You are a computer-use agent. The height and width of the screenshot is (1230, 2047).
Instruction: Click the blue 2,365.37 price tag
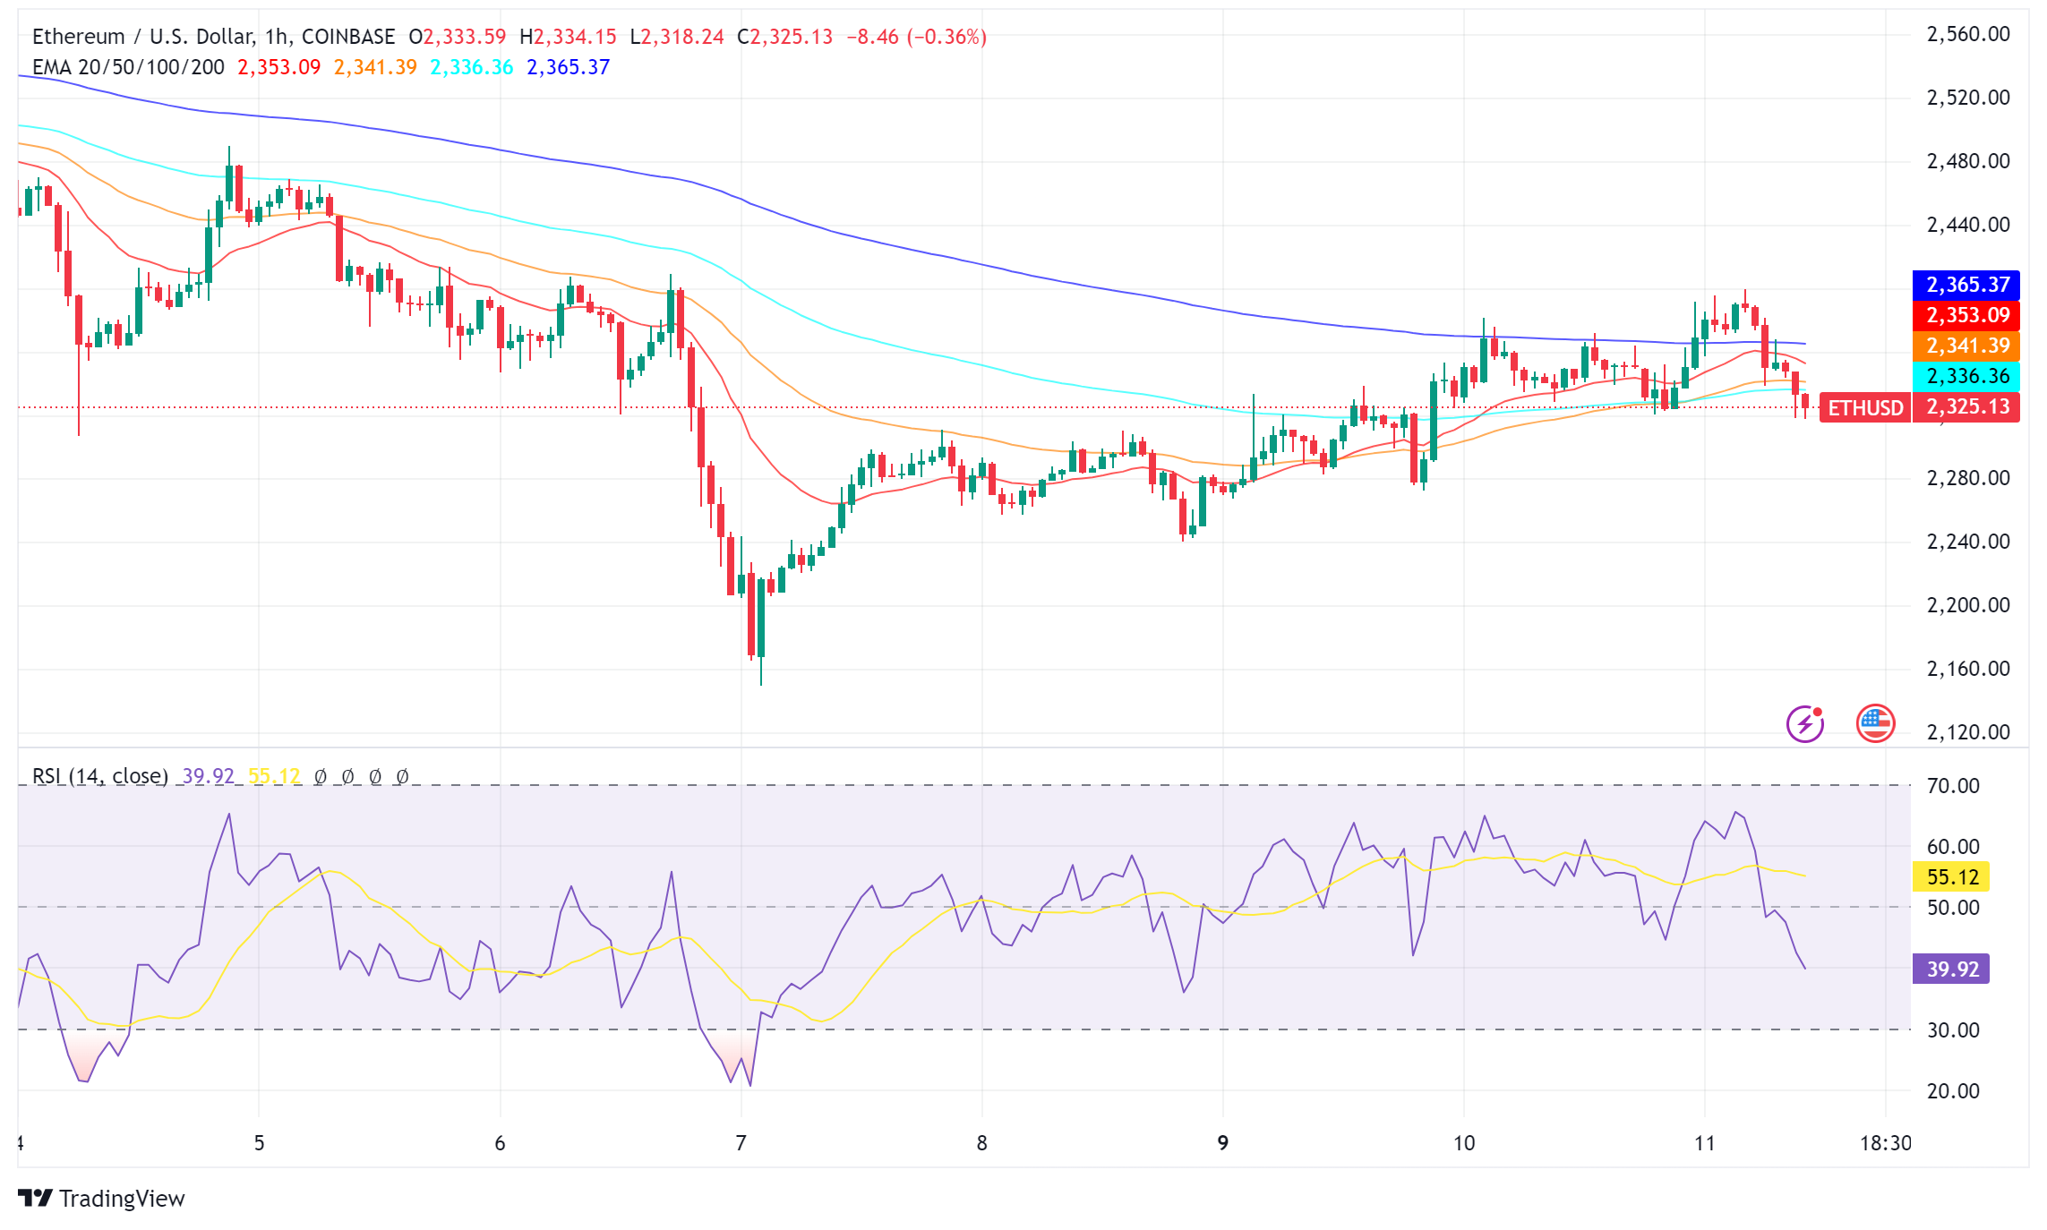tap(1966, 285)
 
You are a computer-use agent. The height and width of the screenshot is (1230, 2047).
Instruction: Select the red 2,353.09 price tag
tap(1966, 315)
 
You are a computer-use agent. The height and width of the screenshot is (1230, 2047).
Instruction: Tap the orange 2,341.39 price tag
tap(1966, 346)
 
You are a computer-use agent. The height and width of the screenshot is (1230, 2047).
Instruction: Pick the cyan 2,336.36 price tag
tap(1966, 376)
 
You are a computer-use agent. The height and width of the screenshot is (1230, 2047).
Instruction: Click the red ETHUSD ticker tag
tap(1865, 408)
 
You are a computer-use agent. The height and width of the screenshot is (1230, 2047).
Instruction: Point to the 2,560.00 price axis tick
tap(1967, 35)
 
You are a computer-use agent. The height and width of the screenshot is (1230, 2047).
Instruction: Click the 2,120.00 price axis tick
tap(1967, 732)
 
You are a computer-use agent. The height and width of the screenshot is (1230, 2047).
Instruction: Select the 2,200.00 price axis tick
tap(1967, 605)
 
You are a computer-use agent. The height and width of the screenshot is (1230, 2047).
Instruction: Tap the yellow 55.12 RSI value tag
tap(1951, 876)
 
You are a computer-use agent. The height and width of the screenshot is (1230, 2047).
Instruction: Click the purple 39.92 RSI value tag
tap(1951, 969)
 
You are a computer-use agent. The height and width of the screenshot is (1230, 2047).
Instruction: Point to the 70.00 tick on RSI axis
tap(1953, 786)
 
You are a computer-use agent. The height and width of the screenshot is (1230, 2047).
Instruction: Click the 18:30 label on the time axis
tap(1885, 1143)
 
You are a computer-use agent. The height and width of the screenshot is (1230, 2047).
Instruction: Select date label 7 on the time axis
tap(741, 1143)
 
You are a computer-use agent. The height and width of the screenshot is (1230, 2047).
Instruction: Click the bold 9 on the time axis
tap(1222, 1143)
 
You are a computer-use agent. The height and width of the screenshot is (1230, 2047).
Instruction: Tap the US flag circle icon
tap(1875, 724)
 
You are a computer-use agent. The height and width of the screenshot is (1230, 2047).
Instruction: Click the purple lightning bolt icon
tap(1805, 724)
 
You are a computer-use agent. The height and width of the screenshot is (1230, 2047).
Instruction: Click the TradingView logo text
tap(121, 1199)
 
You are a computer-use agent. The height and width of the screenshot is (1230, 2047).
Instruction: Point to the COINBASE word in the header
tap(347, 37)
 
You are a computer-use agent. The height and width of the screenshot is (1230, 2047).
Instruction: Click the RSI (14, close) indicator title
tap(100, 776)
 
